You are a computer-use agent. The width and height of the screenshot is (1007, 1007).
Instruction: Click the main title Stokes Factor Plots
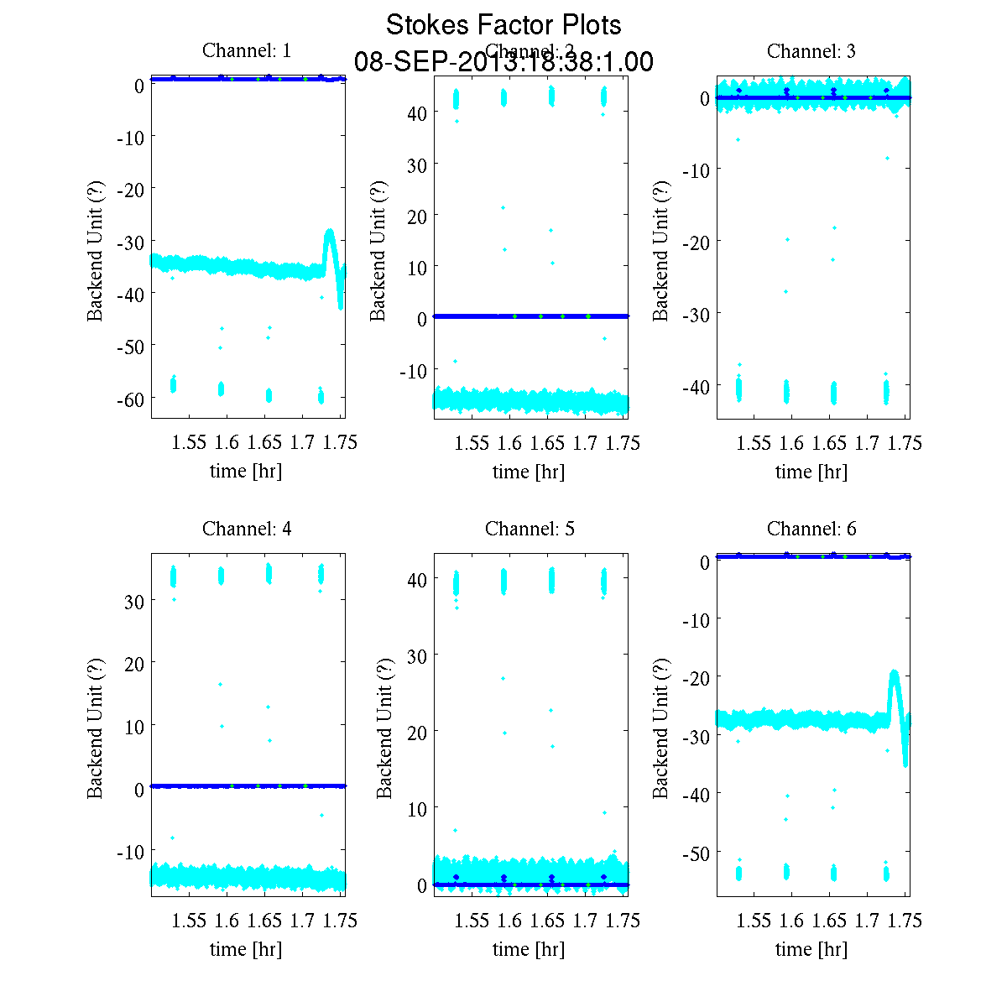pyautogui.click(x=503, y=25)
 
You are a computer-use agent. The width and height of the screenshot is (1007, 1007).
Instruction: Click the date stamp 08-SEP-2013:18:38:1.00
pyautogui.click(x=503, y=62)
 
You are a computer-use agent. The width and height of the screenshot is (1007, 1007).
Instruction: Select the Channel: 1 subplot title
pyautogui.click(x=247, y=51)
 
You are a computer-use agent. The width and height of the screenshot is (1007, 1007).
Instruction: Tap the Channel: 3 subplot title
pyautogui.click(x=811, y=51)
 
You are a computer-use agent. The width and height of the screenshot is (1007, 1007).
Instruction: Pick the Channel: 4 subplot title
pyautogui.click(x=247, y=529)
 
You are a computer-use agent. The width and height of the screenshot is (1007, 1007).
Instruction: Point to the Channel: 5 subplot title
pyautogui.click(x=530, y=529)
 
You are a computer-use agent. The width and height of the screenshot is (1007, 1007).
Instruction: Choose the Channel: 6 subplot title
pyautogui.click(x=811, y=529)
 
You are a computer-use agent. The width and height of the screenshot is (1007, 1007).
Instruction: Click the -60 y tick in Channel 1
pyautogui.click(x=131, y=398)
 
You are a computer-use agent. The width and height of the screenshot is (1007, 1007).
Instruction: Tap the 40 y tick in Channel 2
pyautogui.click(x=417, y=112)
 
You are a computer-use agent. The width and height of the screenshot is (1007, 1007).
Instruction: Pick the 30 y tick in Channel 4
pyautogui.click(x=134, y=601)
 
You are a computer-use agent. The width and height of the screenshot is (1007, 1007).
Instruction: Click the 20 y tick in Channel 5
pyautogui.click(x=417, y=732)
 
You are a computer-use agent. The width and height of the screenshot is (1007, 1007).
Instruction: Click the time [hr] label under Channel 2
pyautogui.click(x=529, y=472)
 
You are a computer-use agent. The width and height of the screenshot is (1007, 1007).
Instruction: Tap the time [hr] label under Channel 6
pyautogui.click(x=811, y=949)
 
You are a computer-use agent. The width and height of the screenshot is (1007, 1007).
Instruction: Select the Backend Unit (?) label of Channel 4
pyautogui.click(x=95, y=728)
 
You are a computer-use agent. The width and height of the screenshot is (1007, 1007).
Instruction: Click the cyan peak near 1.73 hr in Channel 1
pyautogui.click(x=330, y=232)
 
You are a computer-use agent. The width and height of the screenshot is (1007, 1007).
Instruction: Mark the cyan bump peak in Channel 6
pyautogui.click(x=895, y=673)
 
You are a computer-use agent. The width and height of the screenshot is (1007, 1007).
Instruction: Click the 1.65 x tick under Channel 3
pyautogui.click(x=829, y=442)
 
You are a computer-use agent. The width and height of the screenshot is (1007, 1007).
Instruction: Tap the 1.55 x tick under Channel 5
pyautogui.click(x=472, y=921)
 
